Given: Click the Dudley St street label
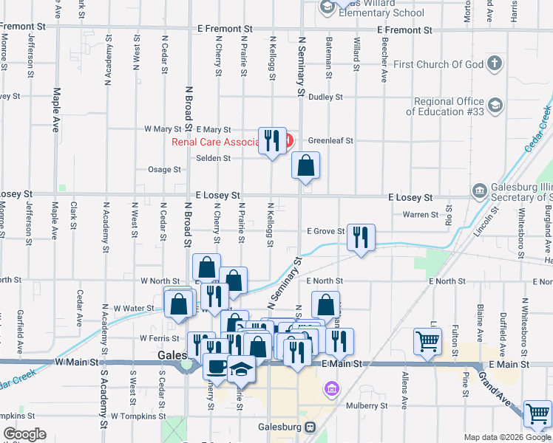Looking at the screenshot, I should (325, 97).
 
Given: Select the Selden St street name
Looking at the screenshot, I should (213, 158).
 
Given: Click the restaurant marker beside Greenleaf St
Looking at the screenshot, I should (272, 140).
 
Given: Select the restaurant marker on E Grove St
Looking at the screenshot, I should (361, 238).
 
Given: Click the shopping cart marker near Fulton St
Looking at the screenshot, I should (428, 341).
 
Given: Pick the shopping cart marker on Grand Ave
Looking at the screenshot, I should (537, 413).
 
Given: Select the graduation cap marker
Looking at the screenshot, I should (240, 367).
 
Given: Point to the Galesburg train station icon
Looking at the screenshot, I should (309, 427).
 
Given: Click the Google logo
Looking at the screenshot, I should (24, 434).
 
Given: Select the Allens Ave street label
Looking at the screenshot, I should (404, 391).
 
